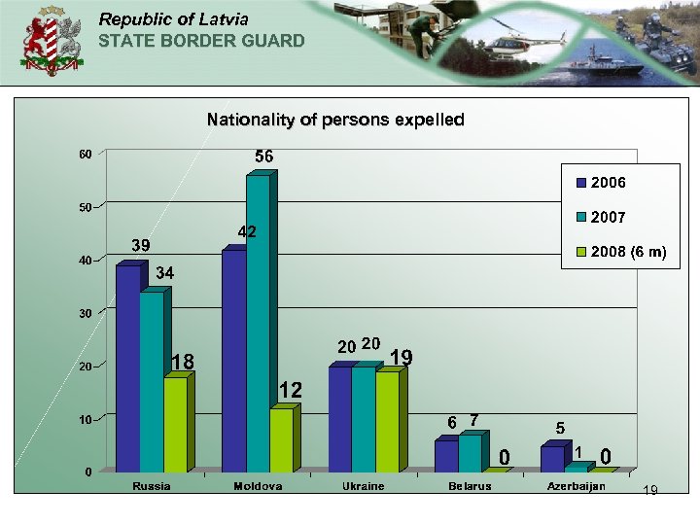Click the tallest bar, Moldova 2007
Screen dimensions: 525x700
pos(258,321)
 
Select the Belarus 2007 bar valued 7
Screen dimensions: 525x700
pos(470,452)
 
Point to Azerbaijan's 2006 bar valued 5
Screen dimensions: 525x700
pos(552,459)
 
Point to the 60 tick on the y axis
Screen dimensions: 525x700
pos(86,155)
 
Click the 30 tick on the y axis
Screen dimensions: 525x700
pos(86,314)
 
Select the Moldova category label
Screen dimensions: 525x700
pos(258,486)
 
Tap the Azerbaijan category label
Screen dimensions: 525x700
pos(576,486)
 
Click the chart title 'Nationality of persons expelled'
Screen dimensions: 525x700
pos(335,121)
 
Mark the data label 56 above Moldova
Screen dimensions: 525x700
pos(264,156)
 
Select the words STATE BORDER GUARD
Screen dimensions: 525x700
pos(201,41)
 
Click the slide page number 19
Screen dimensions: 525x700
pos(650,491)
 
